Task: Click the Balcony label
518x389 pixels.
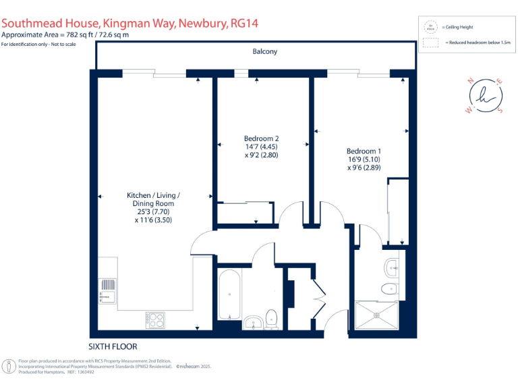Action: tap(264, 51)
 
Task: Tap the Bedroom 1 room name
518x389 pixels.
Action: tap(364, 151)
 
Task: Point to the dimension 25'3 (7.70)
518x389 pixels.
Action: tap(154, 211)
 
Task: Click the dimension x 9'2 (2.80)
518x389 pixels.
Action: tap(260, 155)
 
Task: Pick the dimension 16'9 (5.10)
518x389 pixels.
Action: tap(364, 159)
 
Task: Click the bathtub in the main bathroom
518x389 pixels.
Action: tap(229, 294)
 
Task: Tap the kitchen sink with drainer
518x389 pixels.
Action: tap(107, 291)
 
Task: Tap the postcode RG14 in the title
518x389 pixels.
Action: tap(243, 24)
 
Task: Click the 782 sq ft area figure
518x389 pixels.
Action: tap(75, 34)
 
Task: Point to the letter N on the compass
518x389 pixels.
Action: tap(470, 81)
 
